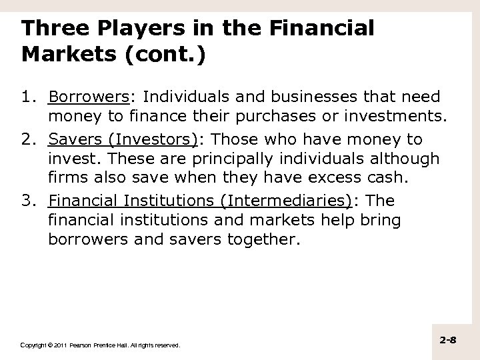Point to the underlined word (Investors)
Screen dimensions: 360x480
point(147,139)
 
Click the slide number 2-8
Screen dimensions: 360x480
point(448,341)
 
